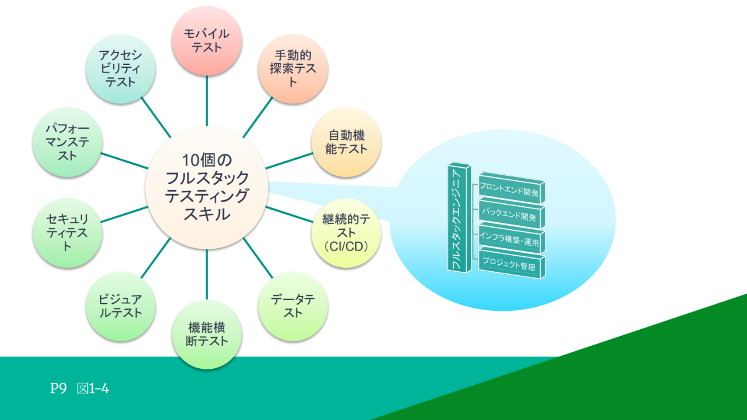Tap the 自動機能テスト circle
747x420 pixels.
click(346, 142)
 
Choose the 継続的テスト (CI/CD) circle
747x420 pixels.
click(346, 233)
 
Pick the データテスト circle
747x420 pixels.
click(293, 306)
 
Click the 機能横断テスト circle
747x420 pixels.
click(207, 334)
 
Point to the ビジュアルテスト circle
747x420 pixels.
click(120, 306)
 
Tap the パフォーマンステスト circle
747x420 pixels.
click(67, 142)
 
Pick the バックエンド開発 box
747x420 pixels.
click(510, 218)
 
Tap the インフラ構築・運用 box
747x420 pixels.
click(510, 242)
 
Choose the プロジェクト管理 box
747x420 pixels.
click(510, 267)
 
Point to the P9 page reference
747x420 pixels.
click(59, 389)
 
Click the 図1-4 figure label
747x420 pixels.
click(93, 389)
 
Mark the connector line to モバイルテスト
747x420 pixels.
click(207, 101)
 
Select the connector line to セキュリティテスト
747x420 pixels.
click(124, 214)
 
